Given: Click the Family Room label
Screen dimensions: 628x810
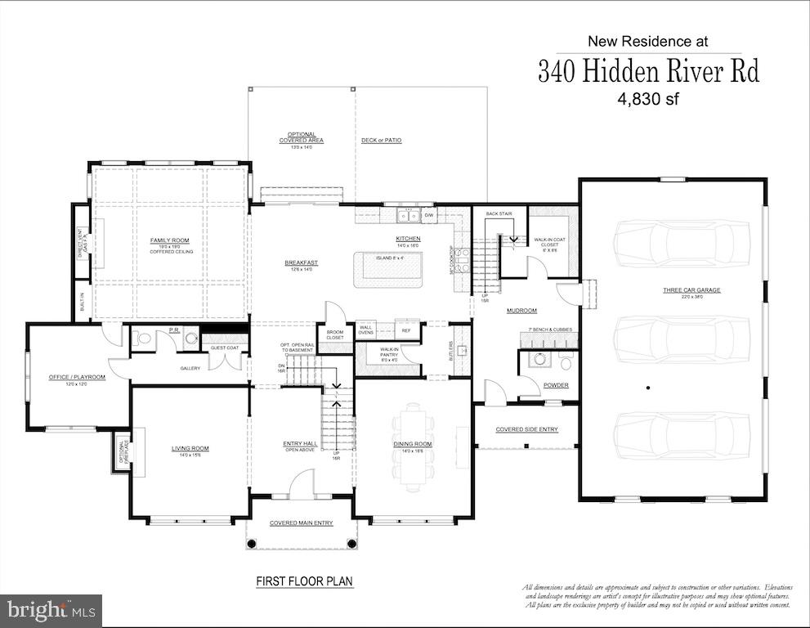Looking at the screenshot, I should click(169, 240).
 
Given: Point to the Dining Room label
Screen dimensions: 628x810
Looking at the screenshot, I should click(412, 444).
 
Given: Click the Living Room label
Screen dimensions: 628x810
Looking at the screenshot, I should click(190, 448).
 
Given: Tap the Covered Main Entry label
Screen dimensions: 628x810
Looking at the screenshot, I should click(301, 523).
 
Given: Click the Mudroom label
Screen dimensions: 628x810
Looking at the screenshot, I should click(521, 311).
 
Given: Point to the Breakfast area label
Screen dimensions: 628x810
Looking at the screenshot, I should click(301, 263).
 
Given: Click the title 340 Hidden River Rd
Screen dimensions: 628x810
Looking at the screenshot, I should click(648, 71).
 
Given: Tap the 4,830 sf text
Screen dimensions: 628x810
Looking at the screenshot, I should click(648, 99).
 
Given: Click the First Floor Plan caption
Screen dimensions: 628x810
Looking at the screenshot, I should click(304, 581).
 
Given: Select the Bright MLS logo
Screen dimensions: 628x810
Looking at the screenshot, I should click(51, 610).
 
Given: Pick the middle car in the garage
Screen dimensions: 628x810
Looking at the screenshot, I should click(682, 334).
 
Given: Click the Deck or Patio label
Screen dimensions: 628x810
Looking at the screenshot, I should click(381, 140).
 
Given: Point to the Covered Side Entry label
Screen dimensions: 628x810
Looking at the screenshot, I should click(527, 428).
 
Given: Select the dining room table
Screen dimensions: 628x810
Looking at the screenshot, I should click(412, 442).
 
